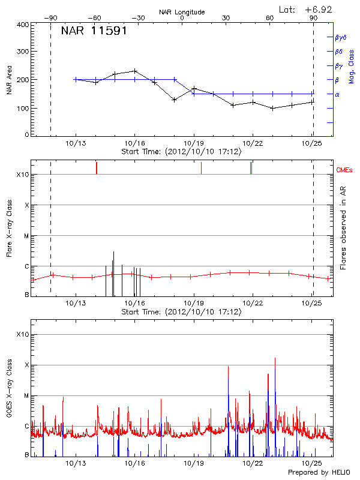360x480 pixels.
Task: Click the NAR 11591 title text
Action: [x=94, y=31]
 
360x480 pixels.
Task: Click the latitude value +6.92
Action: [x=319, y=9]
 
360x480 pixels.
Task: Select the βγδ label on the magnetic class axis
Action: [x=341, y=37]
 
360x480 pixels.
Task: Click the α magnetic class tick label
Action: [x=337, y=94]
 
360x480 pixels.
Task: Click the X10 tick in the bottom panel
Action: [x=23, y=334]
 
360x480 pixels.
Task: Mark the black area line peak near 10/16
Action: [x=135, y=71]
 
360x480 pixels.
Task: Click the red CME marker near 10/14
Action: [x=97, y=168]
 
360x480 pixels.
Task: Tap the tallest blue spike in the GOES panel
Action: [x=275, y=360]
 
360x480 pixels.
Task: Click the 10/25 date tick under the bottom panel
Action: [x=311, y=464]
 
